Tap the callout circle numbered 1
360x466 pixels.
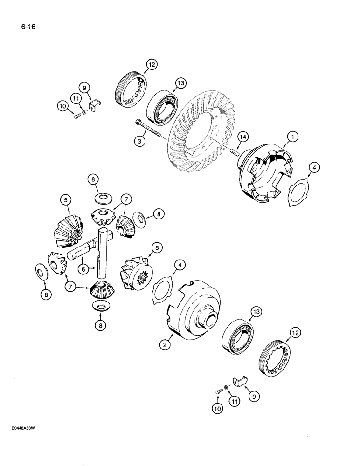click(x=292, y=137)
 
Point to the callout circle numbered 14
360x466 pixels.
click(x=242, y=137)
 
